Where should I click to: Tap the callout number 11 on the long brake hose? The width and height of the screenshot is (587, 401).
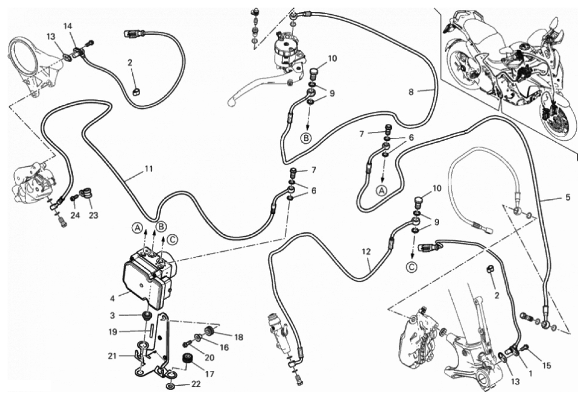coord(148,169)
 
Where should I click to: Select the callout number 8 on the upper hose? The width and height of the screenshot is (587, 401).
coord(411,92)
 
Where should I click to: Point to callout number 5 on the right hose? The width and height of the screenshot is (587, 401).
coord(568,197)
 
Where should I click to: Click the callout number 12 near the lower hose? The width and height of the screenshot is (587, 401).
coord(366,252)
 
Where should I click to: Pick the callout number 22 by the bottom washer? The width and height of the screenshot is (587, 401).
coord(196,384)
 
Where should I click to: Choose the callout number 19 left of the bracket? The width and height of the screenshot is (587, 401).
coord(114,332)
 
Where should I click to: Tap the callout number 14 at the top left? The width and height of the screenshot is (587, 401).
coord(68,26)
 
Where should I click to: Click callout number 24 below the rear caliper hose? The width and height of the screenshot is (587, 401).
coord(75,216)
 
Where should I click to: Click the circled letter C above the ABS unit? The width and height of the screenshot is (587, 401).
coord(172,239)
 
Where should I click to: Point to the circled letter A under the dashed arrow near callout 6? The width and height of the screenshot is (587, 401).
coord(382,190)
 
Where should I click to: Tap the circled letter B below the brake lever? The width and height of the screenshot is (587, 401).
coord(306,138)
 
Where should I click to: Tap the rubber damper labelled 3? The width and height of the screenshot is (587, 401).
coord(147,315)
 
